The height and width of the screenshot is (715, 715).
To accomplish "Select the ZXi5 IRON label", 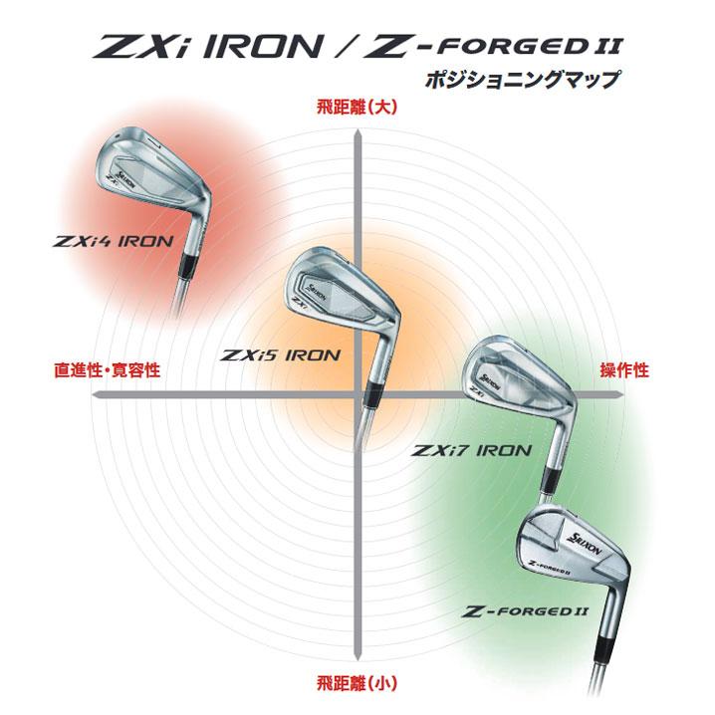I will (x=281, y=355).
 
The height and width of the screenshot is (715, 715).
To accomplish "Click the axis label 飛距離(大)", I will (x=357, y=108).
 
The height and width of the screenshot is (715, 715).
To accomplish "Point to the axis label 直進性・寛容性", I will (x=107, y=370).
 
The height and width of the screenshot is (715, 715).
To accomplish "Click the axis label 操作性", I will (x=624, y=370).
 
